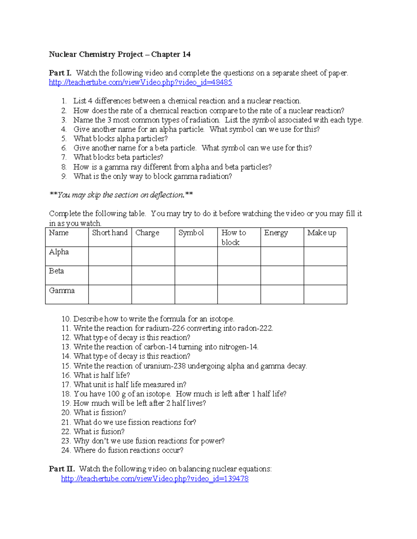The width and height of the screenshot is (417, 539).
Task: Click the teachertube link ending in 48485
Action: (140, 83)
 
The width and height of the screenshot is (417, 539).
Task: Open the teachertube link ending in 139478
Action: (155, 479)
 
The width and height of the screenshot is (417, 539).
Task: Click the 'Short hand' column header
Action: (110, 233)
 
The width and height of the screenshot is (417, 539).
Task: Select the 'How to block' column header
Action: (234, 237)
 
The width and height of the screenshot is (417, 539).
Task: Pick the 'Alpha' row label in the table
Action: (59, 252)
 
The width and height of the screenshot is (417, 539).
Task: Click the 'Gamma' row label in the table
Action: (62, 290)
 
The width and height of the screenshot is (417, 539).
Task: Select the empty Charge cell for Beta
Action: (153, 275)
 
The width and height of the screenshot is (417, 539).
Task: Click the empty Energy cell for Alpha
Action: (282, 256)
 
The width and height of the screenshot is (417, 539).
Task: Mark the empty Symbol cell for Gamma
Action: (196, 294)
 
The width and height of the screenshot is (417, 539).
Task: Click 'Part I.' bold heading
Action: (60, 73)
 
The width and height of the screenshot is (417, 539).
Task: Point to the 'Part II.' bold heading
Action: (62, 469)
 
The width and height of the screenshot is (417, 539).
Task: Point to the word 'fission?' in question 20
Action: (113, 413)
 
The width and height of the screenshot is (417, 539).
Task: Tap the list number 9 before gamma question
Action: (64, 176)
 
